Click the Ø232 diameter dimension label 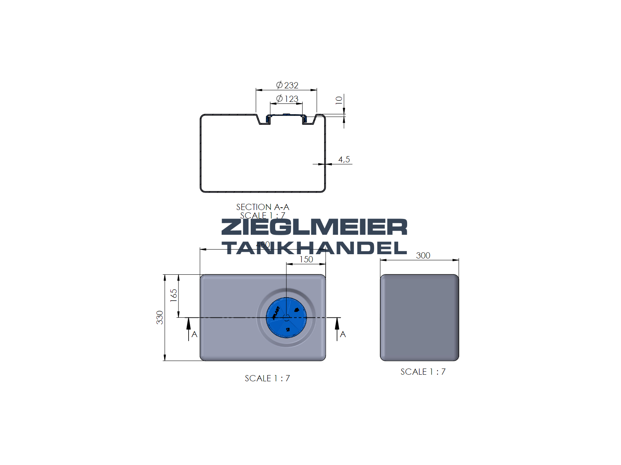[x=287, y=85]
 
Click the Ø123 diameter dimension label [x=287, y=99]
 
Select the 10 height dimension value [x=339, y=100]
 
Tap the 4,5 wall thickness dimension [x=344, y=159]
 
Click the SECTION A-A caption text [x=263, y=207]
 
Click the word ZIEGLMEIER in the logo [x=314, y=227]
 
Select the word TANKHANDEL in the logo [x=314, y=248]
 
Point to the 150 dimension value [x=306, y=259]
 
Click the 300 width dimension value [x=423, y=255]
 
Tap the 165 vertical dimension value [x=173, y=295]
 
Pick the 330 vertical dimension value [x=160, y=317]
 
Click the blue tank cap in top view [x=286, y=317]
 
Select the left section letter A [x=194, y=334]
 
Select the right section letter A [x=343, y=334]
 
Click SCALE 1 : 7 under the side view [x=423, y=372]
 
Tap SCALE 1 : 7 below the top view [x=267, y=378]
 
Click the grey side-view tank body [x=419, y=317]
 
